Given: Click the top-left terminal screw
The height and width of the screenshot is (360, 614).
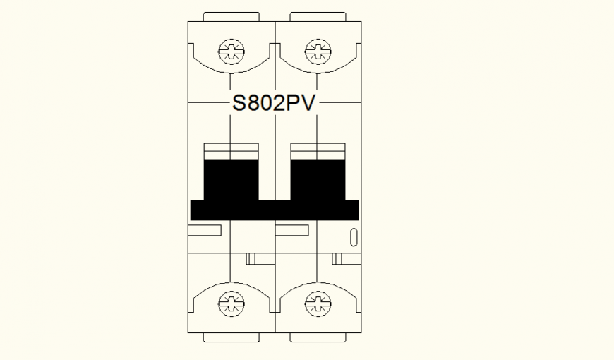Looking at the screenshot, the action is click(x=231, y=50).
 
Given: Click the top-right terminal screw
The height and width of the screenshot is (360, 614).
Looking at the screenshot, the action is click(x=317, y=50).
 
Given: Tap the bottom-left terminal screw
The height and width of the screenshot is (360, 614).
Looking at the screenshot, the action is click(x=231, y=304).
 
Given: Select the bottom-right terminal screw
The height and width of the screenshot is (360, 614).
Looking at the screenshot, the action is click(x=317, y=304).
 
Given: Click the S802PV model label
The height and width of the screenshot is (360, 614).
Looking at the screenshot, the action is click(x=275, y=104).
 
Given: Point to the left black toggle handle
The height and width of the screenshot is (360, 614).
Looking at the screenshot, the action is click(x=231, y=180).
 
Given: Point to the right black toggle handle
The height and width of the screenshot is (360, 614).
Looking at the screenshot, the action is click(x=318, y=180).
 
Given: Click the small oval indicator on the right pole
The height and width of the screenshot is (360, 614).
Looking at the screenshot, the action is click(x=354, y=237).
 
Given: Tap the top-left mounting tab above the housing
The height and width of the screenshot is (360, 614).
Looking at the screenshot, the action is click(x=231, y=16).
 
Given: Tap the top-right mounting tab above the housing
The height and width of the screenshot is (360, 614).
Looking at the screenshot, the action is click(x=318, y=16).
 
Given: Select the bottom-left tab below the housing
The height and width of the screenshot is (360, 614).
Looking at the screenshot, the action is click(x=231, y=337).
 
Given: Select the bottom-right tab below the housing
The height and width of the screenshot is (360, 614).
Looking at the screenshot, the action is click(x=318, y=337).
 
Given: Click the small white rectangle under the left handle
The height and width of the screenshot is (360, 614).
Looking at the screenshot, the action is click(x=205, y=230).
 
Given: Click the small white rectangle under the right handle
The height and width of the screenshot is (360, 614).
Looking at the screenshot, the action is click(x=292, y=230).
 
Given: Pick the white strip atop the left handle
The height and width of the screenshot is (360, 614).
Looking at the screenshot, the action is click(x=231, y=151).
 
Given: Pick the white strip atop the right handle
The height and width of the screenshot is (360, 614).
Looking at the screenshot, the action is click(x=318, y=151).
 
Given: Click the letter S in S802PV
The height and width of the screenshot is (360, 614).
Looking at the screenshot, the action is click(x=240, y=104).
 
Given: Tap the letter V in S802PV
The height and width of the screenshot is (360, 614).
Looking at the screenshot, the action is click(x=309, y=104).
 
